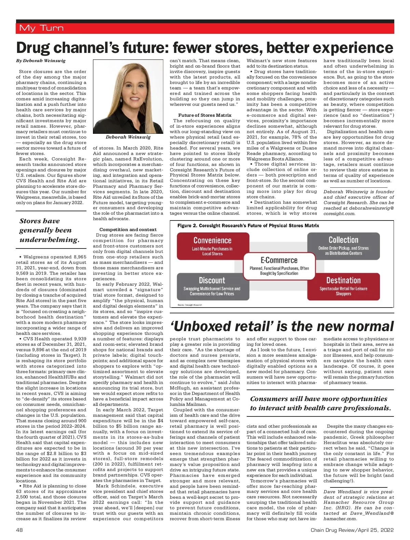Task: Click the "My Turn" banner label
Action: click(41, 28)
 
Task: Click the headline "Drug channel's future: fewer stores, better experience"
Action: click(205, 47)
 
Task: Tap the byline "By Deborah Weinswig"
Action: click(41, 61)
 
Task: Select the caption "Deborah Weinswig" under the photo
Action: click(128, 137)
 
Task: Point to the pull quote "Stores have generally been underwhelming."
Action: click(50, 230)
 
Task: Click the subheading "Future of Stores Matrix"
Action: click(205, 115)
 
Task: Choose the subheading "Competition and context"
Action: click(128, 230)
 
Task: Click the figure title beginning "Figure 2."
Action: click(248, 226)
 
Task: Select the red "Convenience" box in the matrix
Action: click(213, 246)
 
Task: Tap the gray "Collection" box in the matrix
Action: click(343, 245)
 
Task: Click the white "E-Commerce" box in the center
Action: click(279, 266)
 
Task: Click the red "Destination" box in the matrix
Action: click(343, 286)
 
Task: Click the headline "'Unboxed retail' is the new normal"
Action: click(282, 326)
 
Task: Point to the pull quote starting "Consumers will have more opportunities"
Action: click(320, 403)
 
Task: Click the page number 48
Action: click(19, 530)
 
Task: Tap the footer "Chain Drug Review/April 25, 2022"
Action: click(352, 530)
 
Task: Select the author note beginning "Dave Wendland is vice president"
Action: click(358, 505)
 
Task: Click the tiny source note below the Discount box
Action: click(190, 305)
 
